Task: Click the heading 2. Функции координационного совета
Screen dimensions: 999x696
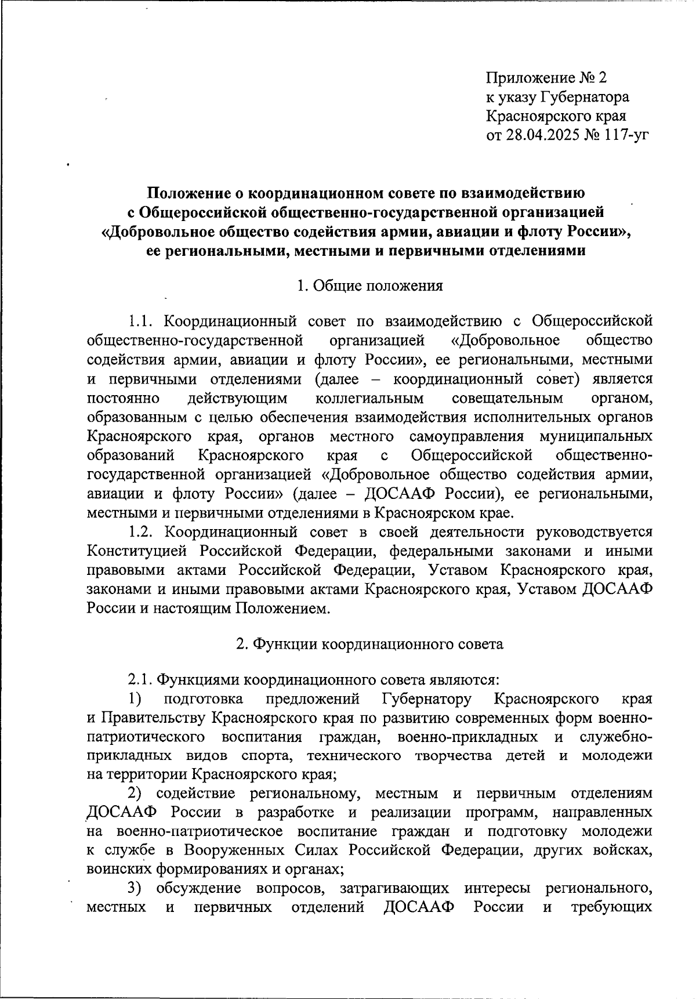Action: (x=369, y=644)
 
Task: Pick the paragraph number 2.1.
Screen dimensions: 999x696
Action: (x=141, y=679)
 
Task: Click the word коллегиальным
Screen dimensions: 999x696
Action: (x=370, y=399)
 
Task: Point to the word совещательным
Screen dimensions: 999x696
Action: (x=507, y=399)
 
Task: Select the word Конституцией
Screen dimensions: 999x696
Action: (x=137, y=551)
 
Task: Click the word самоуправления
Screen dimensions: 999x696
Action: (x=466, y=437)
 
